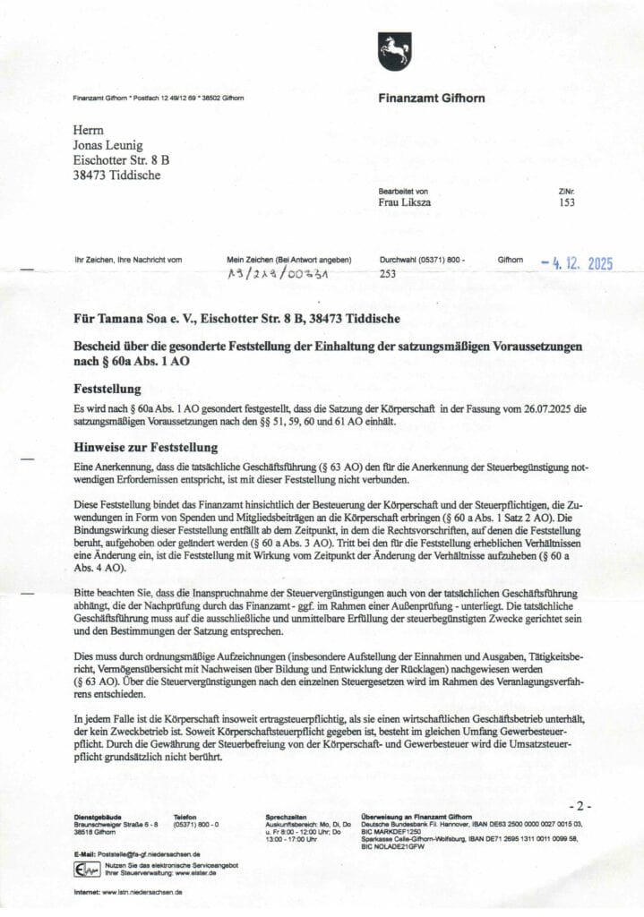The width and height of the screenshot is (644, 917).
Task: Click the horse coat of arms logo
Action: [394, 52]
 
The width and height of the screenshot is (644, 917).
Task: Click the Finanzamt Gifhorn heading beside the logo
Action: [431, 98]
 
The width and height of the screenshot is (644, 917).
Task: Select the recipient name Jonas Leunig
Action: [107, 145]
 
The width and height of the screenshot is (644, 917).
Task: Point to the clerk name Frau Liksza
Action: [405, 203]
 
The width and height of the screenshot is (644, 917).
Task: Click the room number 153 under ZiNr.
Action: [566, 203]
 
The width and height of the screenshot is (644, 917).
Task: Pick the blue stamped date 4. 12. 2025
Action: [578, 263]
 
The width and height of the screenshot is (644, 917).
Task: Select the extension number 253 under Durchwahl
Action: [388, 274]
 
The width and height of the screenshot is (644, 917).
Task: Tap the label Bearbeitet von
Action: [403, 191]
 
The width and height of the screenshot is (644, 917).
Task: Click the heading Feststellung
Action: [107, 390]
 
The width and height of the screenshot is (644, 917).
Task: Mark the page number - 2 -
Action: [580, 806]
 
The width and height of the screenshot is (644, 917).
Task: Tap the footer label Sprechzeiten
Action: [287, 818]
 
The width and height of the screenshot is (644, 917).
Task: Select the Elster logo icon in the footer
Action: [87, 870]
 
